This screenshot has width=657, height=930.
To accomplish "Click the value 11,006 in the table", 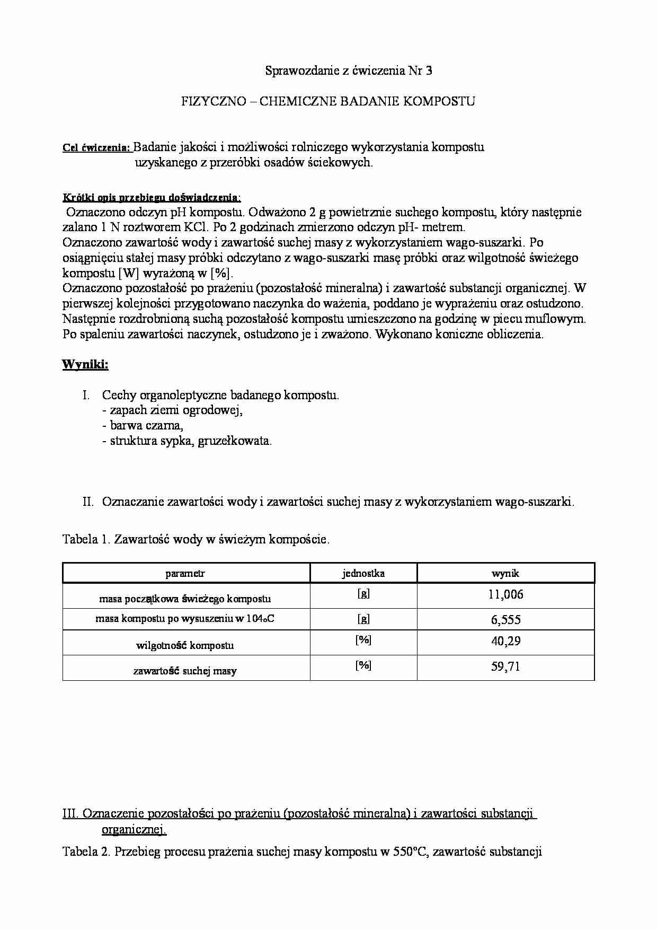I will pyautogui.click(x=505, y=594).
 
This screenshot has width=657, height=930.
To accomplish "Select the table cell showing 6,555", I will pyautogui.click(x=505, y=620).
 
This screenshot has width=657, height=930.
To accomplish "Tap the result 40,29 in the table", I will pyautogui.click(x=505, y=641).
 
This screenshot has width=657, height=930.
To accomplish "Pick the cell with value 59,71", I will pyautogui.click(x=505, y=666).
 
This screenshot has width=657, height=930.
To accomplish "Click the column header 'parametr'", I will pyautogui.click(x=185, y=573).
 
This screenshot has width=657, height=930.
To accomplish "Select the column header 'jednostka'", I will pyautogui.click(x=363, y=573).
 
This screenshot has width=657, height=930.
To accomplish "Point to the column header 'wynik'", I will pyautogui.click(x=505, y=573).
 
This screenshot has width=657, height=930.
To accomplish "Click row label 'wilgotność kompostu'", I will pyautogui.click(x=185, y=645).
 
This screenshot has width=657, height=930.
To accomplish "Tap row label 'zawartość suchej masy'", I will pyautogui.click(x=185, y=671).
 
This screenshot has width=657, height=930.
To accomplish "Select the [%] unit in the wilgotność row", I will pyautogui.click(x=363, y=640).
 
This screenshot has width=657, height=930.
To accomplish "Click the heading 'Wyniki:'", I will pyautogui.click(x=85, y=365).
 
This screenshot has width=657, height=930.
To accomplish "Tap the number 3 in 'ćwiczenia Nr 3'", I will pyautogui.click(x=429, y=71).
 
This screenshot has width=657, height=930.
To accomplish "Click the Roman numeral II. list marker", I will pyautogui.click(x=88, y=502).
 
